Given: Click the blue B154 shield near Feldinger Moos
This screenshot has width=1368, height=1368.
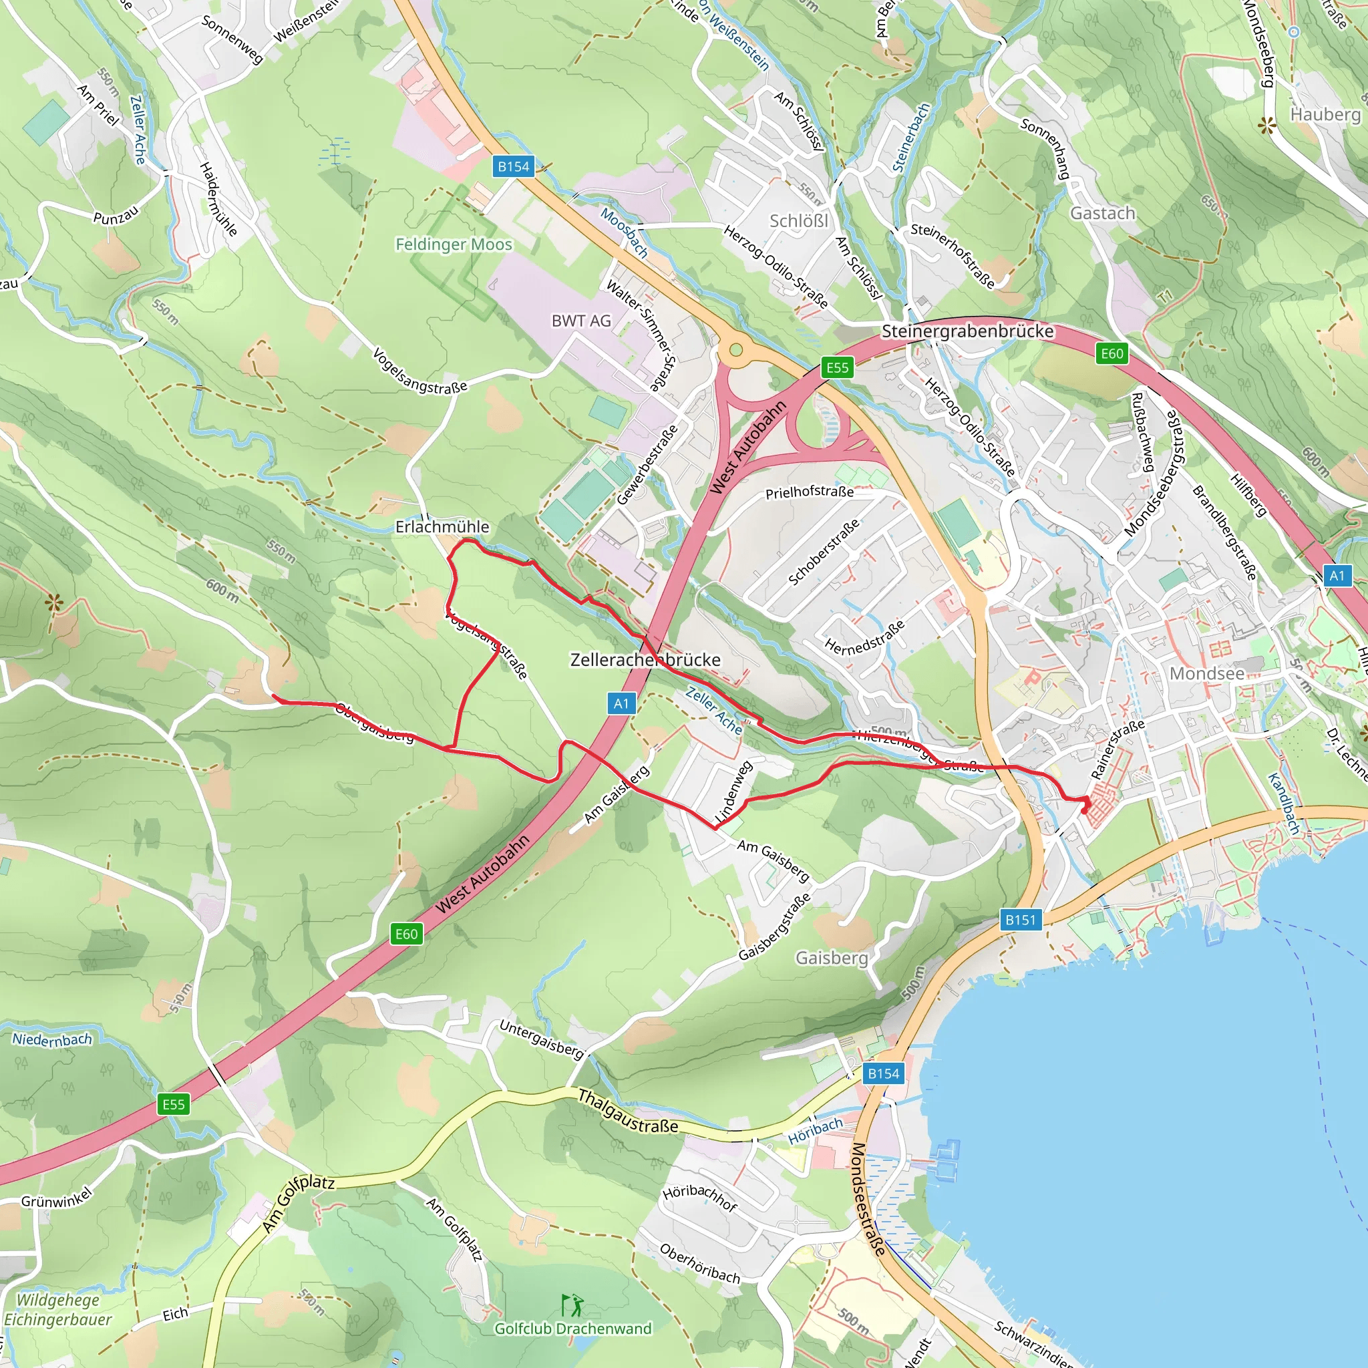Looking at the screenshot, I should click(514, 166).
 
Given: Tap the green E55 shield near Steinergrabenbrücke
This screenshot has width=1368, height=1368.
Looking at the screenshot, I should click(837, 367).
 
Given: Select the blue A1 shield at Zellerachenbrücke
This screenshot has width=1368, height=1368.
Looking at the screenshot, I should click(621, 703).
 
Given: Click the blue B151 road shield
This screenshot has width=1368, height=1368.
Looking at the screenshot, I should click(1021, 920).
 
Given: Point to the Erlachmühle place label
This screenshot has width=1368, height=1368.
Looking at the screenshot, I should click(442, 527).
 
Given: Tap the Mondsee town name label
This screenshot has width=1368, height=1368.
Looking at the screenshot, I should click(1206, 673).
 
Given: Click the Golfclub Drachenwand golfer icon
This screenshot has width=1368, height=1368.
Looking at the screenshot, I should click(572, 1305).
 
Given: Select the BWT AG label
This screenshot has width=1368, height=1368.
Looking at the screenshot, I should click(580, 321).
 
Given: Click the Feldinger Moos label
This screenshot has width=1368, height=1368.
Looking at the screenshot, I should click(453, 244).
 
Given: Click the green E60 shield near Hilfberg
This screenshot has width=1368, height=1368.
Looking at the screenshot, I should click(1111, 353).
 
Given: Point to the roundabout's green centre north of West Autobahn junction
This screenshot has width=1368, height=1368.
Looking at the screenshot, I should click(735, 350).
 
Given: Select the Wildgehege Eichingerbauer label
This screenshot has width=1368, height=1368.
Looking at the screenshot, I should click(58, 1310).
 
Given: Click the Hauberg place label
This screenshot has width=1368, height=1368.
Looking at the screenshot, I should click(1325, 114).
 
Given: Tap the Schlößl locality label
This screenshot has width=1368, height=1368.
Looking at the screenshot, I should click(799, 221).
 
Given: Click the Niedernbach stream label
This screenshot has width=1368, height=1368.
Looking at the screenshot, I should click(51, 1039).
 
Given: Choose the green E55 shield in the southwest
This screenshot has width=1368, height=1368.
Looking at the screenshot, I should click(174, 1105).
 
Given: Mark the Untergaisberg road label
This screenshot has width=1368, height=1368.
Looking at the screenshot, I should click(541, 1038).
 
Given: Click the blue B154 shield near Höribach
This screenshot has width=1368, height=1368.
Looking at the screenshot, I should click(884, 1073).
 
